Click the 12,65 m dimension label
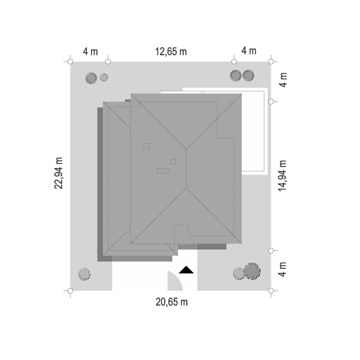click(x=171, y=52)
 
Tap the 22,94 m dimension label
click(x=58, y=173)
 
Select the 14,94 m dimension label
click(x=283, y=176)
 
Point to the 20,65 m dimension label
click(x=172, y=302)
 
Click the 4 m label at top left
click(x=90, y=51)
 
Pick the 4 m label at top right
click(x=249, y=51)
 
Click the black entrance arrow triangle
click(x=186, y=270)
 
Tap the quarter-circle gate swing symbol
click(x=175, y=282)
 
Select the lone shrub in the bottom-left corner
click(x=84, y=274)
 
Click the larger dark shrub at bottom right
click(x=252, y=271)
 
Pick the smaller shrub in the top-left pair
click(x=104, y=77)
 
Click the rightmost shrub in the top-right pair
click(x=248, y=76)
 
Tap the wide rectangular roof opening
click(x=163, y=171)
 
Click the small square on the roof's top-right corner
click(x=232, y=104)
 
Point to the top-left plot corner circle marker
click(x=70, y=62)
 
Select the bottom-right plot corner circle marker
click(x=271, y=291)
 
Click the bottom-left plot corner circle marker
click(x=70, y=291)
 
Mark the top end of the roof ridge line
click(x=186, y=149)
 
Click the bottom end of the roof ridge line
click(x=186, y=188)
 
